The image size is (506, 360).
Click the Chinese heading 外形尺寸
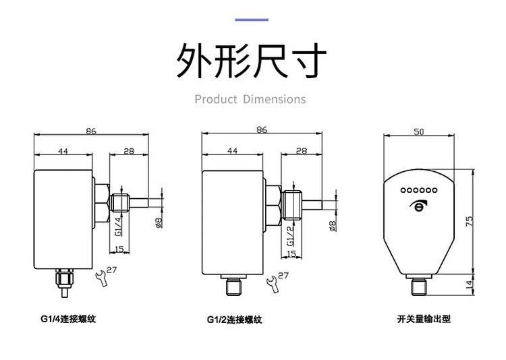pyautogui.click(x=252, y=61)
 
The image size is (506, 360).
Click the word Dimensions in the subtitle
pyautogui.click(x=275, y=100)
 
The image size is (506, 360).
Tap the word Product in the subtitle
pyautogui.click(x=216, y=100)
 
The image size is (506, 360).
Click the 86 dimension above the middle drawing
pyautogui.click(x=262, y=129)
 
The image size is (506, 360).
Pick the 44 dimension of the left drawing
pyautogui.click(x=63, y=152)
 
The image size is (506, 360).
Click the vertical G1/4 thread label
pyautogui.click(x=118, y=227)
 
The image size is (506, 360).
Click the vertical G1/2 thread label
pyautogui.click(x=291, y=234)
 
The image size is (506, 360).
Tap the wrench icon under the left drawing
pyautogui.click(x=102, y=276)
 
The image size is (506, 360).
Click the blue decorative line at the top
pyautogui.click(x=251, y=20)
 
